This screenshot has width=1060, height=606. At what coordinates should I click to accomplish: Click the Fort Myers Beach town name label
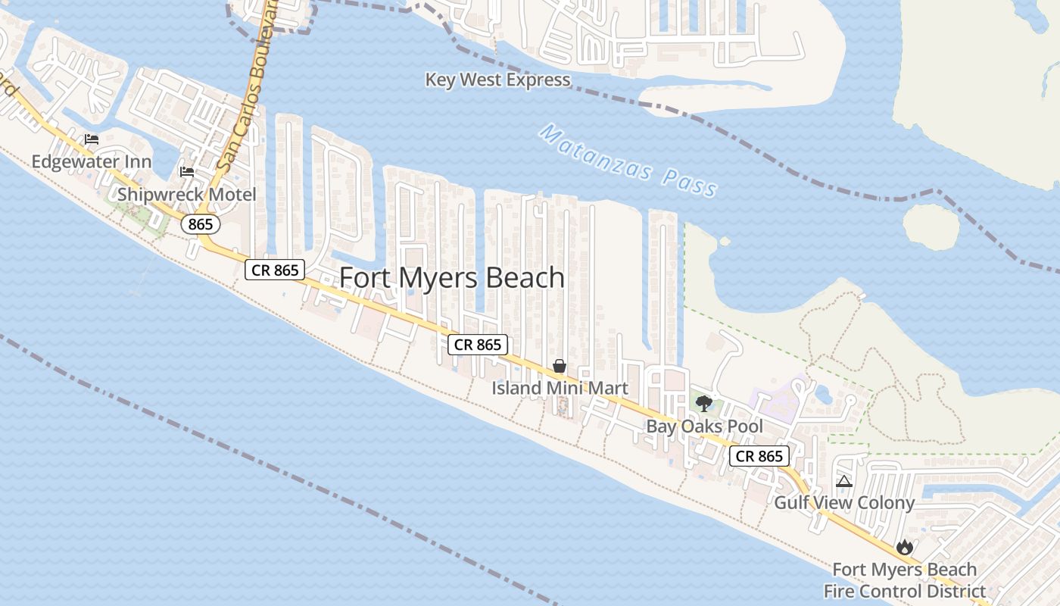(x=452, y=278)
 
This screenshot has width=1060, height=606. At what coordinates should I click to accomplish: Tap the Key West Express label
(x=497, y=80)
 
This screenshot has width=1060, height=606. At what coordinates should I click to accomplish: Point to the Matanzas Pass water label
(x=629, y=161)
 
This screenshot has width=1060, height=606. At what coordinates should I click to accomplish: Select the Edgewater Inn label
(x=92, y=161)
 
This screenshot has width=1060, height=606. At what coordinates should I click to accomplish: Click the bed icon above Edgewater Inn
(x=92, y=139)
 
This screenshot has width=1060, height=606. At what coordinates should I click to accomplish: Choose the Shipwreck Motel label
(x=187, y=195)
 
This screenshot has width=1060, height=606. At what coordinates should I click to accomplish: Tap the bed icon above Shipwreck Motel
(x=186, y=171)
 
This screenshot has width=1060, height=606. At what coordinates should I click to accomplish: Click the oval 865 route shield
(x=201, y=224)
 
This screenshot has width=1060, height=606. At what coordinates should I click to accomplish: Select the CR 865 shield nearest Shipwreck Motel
(x=274, y=270)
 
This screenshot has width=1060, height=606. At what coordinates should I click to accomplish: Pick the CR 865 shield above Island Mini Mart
(x=477, y=345)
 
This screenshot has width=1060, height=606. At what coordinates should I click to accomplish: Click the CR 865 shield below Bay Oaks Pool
(x=759, y=456)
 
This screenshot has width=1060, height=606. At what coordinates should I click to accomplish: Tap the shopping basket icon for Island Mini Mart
(x=560, y=367)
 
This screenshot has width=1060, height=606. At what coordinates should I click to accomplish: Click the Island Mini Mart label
(x=560, y=389)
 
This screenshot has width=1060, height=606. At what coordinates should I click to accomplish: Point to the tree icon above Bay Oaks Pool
(x=704, y=403)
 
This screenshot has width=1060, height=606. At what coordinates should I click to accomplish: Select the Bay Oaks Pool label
(x=704, y=426)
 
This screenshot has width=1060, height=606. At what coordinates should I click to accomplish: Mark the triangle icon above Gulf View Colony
(x=844, y=481)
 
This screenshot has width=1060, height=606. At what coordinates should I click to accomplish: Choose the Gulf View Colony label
(x=844, y=502)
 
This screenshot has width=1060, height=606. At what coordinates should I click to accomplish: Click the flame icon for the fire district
(x=904, y=547)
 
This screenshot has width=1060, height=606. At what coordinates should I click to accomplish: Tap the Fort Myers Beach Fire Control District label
(x=905, y=580)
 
